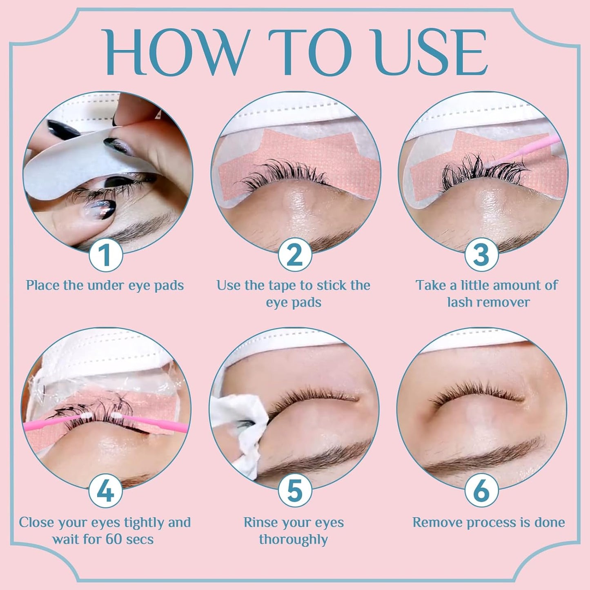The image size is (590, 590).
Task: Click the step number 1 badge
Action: click(x=106, y=254)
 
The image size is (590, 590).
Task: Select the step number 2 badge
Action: click(x=295, y=254)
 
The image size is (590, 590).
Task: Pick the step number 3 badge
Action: click(x=481, y=254)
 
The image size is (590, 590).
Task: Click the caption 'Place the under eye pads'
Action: click(x=105, y=285)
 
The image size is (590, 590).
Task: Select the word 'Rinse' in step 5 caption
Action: click(x=261, y=522)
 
